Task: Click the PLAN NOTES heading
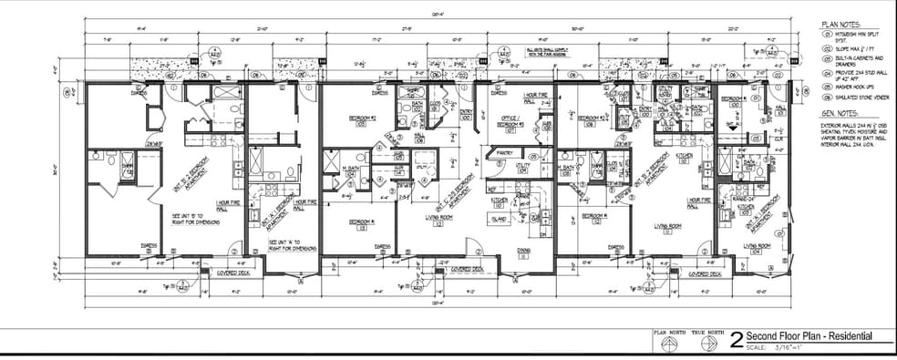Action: [840, 25]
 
